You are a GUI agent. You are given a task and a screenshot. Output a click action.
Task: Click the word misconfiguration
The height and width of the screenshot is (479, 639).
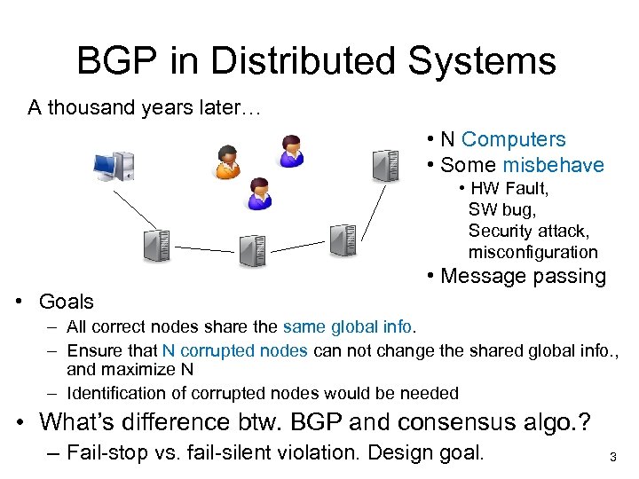coord(532,252)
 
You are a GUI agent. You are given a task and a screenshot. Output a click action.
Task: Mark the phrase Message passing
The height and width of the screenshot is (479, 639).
coord(523,276)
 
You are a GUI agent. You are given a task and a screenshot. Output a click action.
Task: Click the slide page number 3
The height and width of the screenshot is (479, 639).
coord(612,458)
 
